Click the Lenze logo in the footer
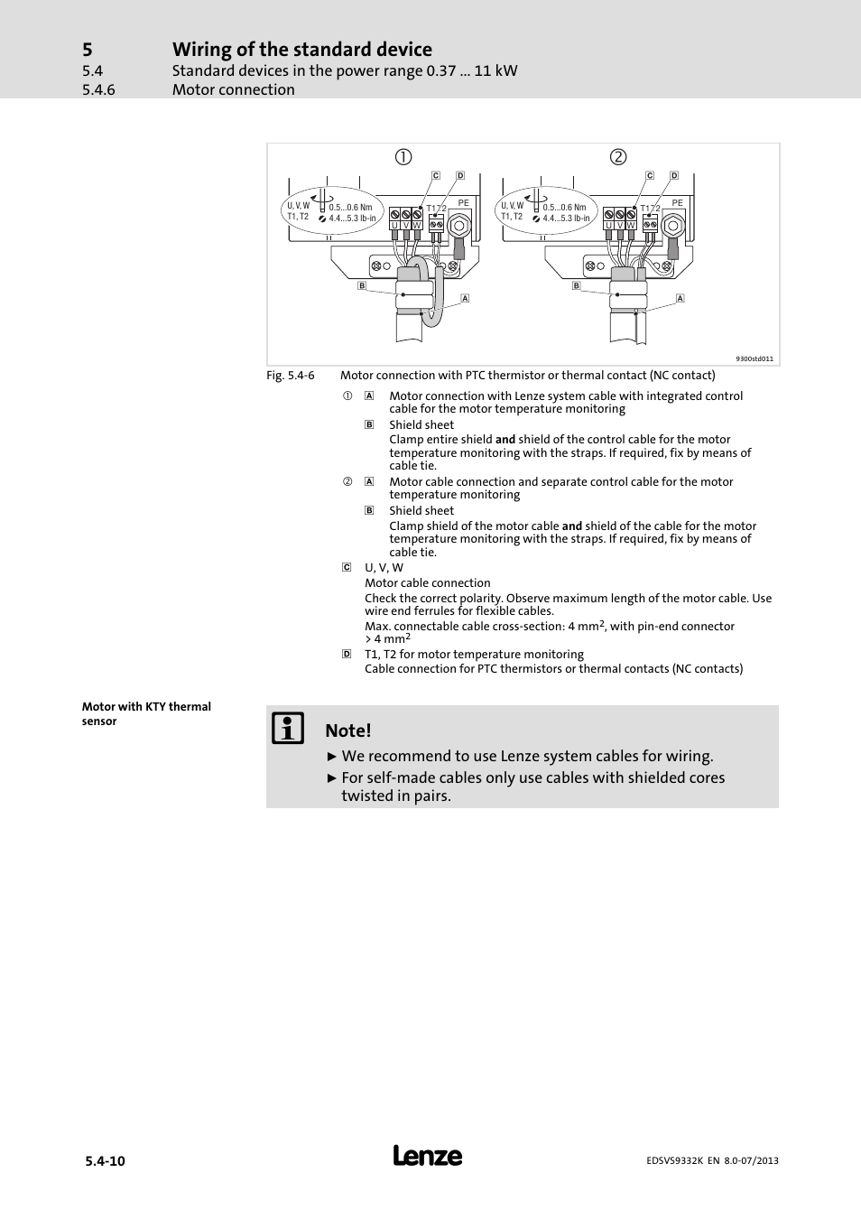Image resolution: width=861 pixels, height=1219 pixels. coord(428,1156)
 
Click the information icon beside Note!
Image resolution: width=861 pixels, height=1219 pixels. coord(288,729)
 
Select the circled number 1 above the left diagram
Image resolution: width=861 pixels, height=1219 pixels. coord(403,157)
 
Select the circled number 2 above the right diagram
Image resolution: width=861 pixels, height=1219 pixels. coord(617,157)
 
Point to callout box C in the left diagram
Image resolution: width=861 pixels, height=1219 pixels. coord(436,176)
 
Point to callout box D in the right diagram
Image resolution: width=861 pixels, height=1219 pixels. coord(674,176)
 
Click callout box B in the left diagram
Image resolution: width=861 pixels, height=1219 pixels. coord(362,285)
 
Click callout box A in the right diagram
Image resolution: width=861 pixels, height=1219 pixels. coord(680,298)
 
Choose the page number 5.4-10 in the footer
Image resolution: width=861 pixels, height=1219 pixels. coord(105,1161)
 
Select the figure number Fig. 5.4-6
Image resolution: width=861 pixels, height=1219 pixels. coord(290,376)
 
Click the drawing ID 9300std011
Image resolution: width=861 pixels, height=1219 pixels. coord(755,358)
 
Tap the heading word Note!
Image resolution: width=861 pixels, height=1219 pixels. coord(348,730)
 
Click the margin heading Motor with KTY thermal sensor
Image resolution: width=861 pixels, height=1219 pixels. coord(146,713)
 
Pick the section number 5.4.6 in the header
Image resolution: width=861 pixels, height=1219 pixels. coord(98,90)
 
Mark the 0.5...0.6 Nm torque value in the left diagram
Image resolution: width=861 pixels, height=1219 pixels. coord(350,208)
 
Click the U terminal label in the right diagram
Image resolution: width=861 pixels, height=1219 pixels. coord(608,225)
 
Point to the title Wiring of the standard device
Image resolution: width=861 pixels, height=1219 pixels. coord(302,50)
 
